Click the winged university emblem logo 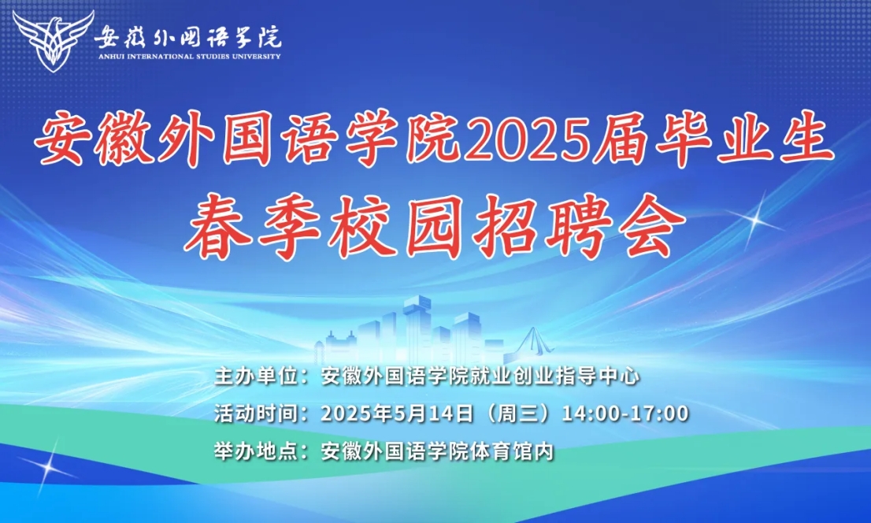(53, 41)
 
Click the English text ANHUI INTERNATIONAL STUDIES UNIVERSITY (190, 56)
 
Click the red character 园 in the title (434, 225)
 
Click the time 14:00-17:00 (626, 414)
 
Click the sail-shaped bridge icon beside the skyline (533, 341)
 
